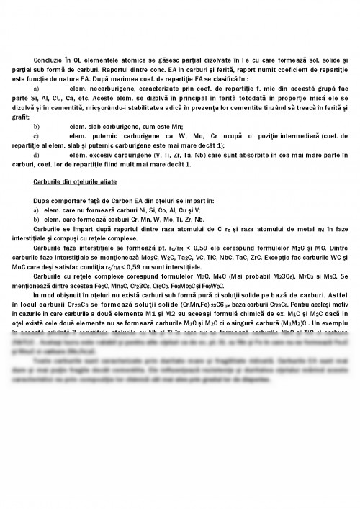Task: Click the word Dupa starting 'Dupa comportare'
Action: pyautogui.click(x=42, y=199)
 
